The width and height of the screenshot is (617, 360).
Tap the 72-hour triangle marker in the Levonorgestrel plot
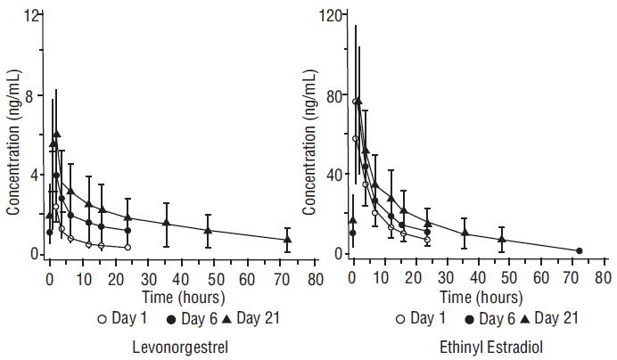pyautogui.click(x=287, y=239)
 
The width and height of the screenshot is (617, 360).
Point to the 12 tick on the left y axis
pyautogui.click(x=32, y=16)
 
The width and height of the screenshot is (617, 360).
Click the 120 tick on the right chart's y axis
pyautogui.click(x=334, y=16)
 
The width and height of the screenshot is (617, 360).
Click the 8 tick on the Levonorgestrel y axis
pyautogui.click(x=35, y=96)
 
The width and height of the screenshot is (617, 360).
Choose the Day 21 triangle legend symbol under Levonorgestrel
pyautogui.click(x=200, y=318)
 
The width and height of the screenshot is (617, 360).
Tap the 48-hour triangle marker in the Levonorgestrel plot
pyautogui.click(x=208, y=230)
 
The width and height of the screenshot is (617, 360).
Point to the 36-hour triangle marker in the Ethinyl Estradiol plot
pyautogui.click(x=465, y=233)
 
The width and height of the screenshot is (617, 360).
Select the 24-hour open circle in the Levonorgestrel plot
pyautogui.click(x=128, y=247)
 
